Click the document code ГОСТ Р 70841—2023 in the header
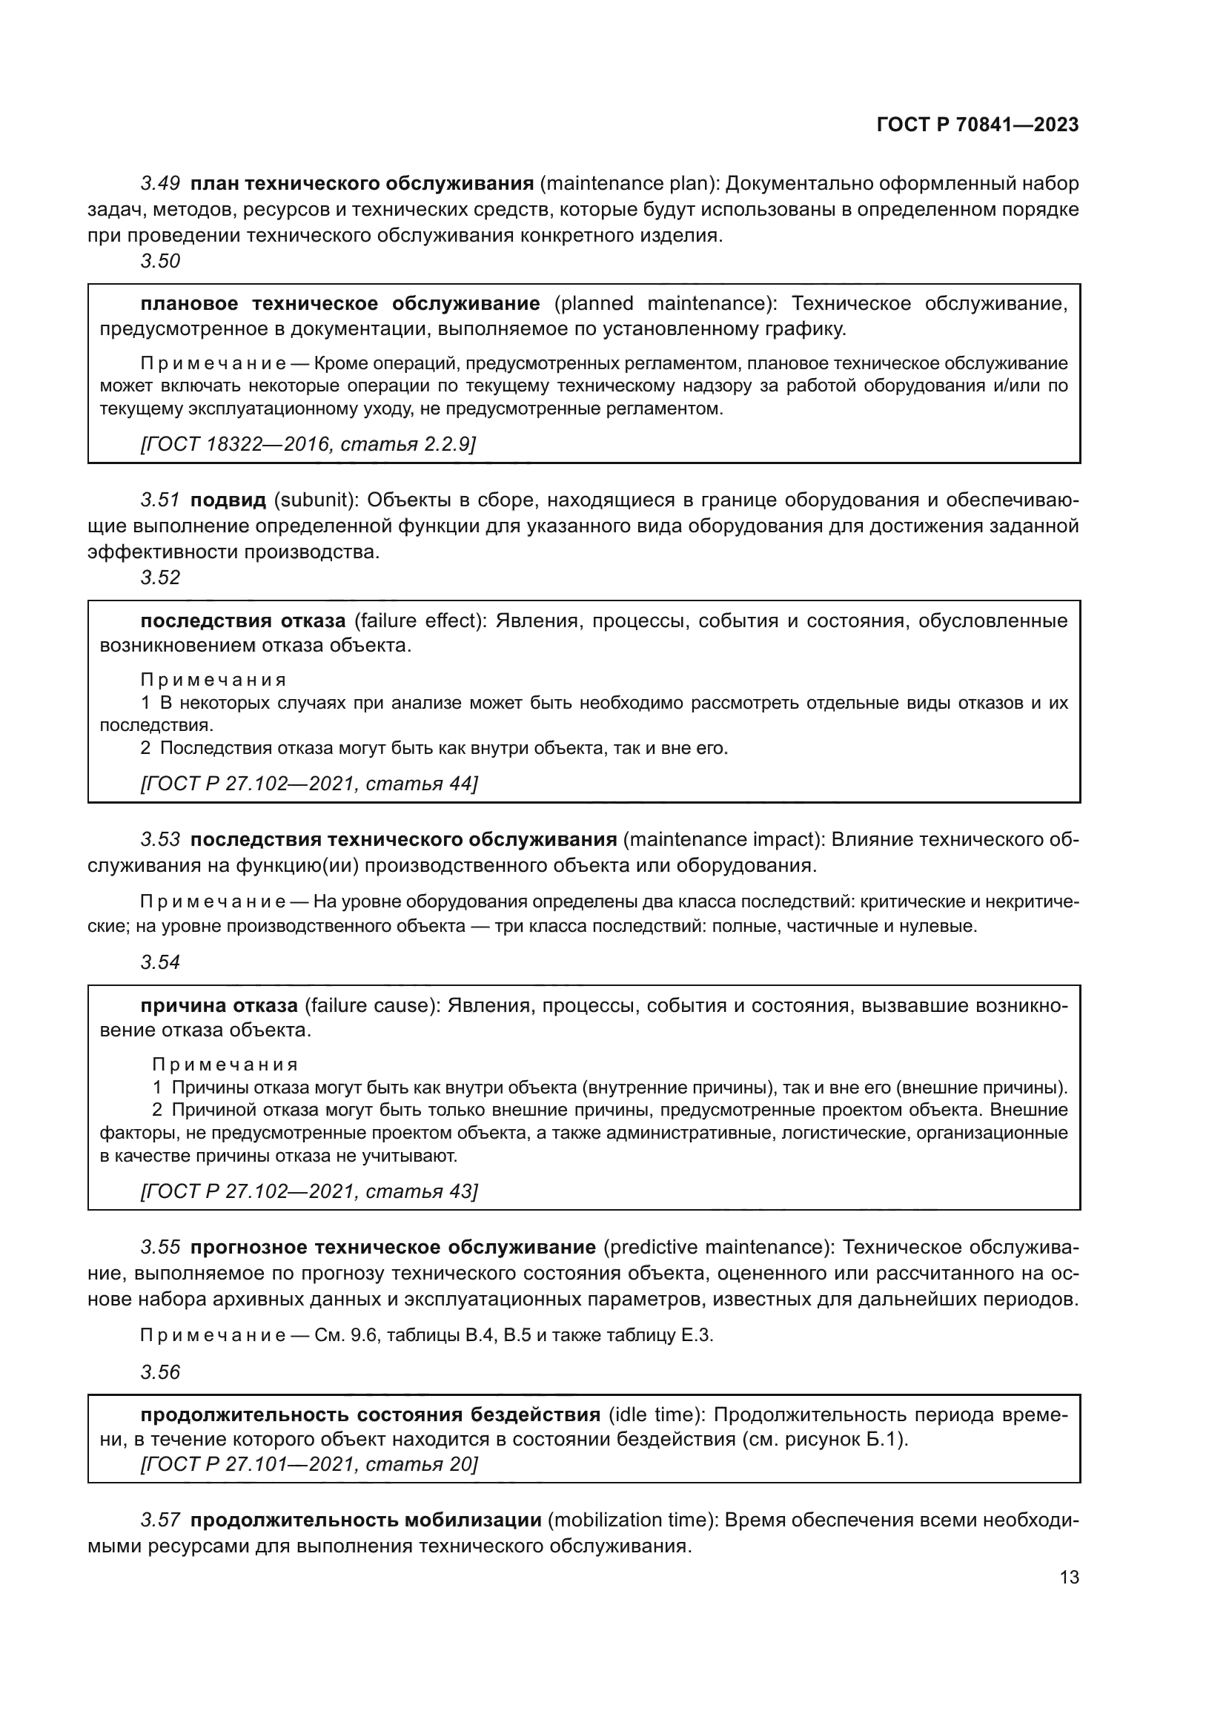[977, 125]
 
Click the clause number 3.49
[160, 184]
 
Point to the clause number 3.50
[160, 261]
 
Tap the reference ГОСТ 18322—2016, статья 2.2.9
[308, 444]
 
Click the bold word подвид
[228, 500]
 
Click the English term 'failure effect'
[419, 621]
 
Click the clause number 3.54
[160, 963]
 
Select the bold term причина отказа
[219, 1006]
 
